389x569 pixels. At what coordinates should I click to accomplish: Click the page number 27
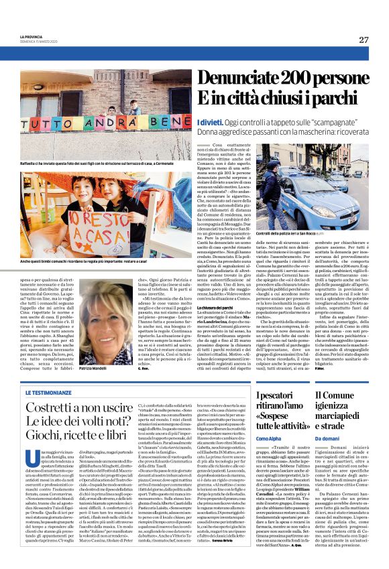coord(364,40)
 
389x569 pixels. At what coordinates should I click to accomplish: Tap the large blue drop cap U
coord(48,463)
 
